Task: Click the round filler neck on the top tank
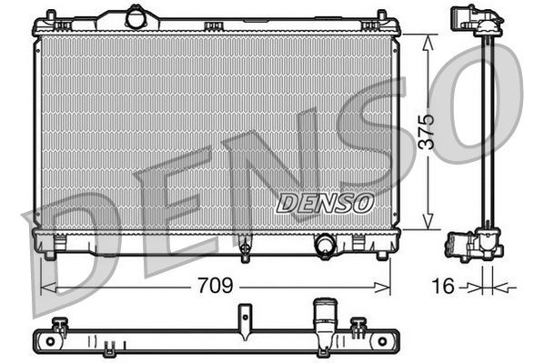coord(136,16)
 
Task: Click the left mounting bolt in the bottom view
coord(60,325)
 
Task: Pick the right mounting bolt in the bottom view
coord(359,325)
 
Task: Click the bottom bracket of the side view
coord(472,246)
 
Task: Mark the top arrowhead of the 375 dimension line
coord(428,37)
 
